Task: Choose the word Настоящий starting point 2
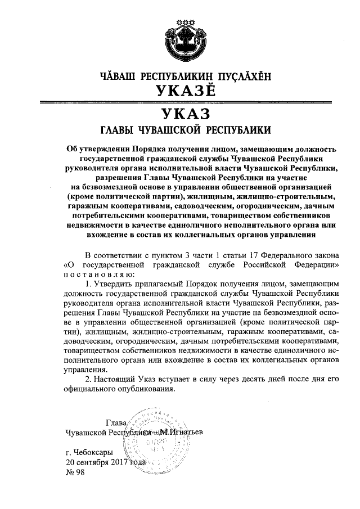(115, 380)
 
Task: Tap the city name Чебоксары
(92, 452)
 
